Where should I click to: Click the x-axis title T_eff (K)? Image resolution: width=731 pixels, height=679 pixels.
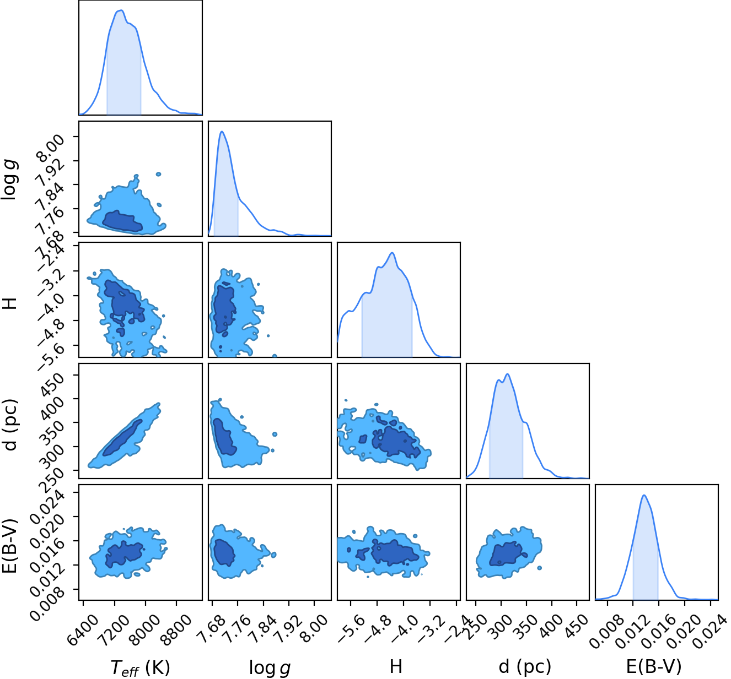(140, 666)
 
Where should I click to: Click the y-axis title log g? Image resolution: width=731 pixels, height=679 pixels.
(9, 180)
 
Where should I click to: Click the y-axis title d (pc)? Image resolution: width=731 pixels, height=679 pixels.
(10, 425)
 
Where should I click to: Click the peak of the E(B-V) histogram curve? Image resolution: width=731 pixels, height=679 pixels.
(644, 495)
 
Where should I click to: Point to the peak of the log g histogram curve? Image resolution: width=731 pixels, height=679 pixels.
(222, 131)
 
